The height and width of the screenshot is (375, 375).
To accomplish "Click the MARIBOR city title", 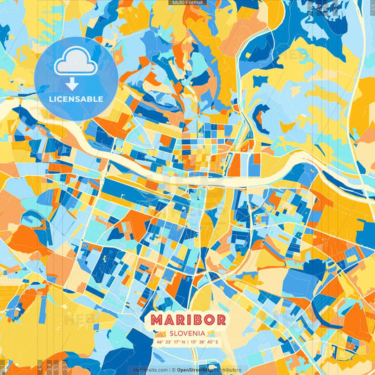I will pos(187,319).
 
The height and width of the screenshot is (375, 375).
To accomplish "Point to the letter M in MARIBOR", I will pos(156,319).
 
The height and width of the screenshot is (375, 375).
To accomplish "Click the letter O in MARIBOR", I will pos(208,319).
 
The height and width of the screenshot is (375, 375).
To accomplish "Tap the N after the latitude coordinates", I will pos(182,343).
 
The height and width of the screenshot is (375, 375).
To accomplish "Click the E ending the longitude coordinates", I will pos(217,343).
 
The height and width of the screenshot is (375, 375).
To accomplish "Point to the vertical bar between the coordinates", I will pos(187,343).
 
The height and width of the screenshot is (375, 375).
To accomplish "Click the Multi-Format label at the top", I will pos(187,3).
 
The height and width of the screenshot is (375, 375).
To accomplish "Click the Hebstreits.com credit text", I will pos(151,369).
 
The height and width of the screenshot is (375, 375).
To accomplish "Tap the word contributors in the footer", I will pos(227,369).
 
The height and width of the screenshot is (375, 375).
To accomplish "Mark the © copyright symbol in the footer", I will pos(172,369).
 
